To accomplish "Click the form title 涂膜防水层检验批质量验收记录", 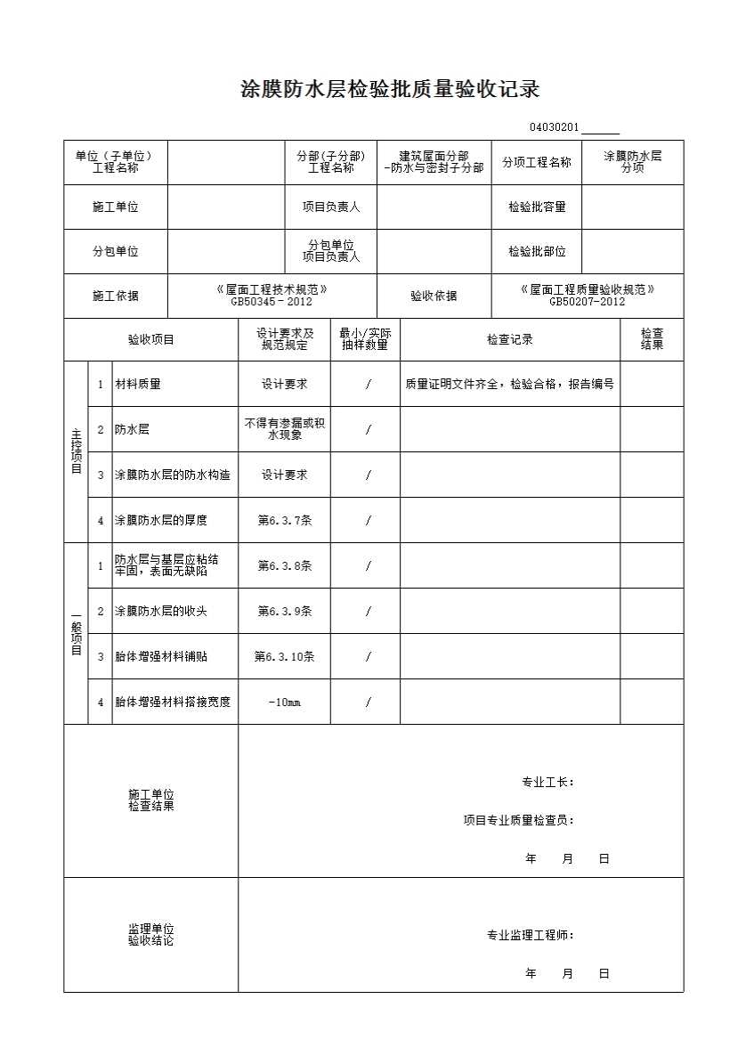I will [391, 90].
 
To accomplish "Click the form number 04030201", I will [554, 128].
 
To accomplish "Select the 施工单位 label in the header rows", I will [116, 207].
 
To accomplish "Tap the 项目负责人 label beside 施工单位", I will [331, 207].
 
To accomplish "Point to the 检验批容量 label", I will [537, 207].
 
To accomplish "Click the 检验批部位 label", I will [537, 252].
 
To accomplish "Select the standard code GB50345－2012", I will [272, 302].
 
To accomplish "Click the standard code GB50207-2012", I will [587, 302].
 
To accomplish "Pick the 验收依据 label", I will [434, 296].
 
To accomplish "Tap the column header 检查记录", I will [510, 339].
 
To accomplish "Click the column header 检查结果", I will [652, 339].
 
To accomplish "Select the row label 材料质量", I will [138, 385].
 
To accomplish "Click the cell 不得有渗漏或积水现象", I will [284, 429].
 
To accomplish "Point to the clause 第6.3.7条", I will [284, 521].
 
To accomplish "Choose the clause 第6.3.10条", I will [284, 657].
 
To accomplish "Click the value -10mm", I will [284, 703].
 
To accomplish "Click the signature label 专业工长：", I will [547, 783].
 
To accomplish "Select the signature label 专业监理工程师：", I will [530, 936].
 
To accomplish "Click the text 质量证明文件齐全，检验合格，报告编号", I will [509, 385].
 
